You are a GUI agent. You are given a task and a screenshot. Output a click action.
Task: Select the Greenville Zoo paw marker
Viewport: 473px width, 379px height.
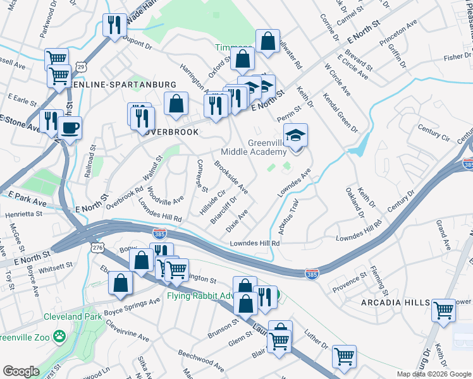[60, 335]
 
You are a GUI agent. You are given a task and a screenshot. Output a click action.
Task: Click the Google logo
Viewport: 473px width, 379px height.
[21, 371]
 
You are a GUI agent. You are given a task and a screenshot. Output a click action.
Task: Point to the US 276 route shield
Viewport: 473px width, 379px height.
[97, 249]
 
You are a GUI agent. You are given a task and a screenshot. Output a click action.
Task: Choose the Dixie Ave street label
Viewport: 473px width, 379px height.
[236, 220]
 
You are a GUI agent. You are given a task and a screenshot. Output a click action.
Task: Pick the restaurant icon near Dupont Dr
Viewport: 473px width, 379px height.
[114, 25]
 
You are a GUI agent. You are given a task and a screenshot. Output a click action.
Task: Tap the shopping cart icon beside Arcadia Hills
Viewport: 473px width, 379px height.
[443, 310]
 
